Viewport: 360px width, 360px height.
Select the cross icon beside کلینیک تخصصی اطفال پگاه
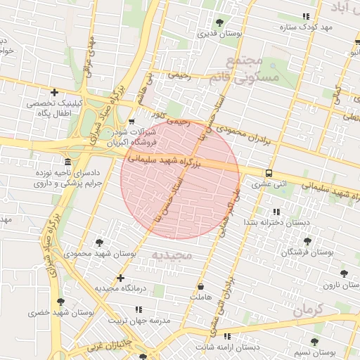tap(54, 92)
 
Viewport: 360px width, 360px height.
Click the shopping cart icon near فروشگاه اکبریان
tap(131, 122)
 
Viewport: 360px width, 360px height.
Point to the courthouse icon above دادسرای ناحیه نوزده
tap(67, 161)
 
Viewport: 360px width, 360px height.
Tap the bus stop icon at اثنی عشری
tap(269, 173)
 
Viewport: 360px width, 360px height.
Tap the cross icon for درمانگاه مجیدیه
tap(121, 278)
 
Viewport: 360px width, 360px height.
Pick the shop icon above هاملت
tap(201, 287)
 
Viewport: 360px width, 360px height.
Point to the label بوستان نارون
tap(341, 285)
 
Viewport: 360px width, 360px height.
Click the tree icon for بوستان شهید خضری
tap(60, 301)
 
